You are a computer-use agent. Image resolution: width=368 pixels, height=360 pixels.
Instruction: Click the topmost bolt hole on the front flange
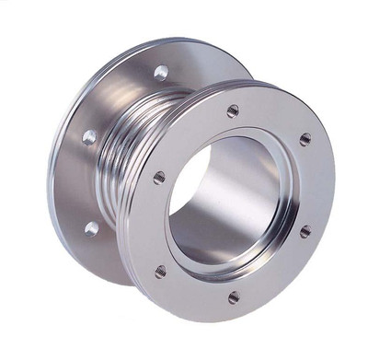tap(233, 110)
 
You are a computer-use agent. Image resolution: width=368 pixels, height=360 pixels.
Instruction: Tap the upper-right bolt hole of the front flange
tap(305, 139)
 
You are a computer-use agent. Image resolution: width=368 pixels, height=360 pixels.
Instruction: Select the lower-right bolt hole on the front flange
tap(305, 231)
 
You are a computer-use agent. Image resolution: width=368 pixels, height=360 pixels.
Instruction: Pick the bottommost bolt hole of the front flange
tap(234, 296)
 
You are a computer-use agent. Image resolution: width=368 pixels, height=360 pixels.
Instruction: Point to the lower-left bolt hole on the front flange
tap(161, 271)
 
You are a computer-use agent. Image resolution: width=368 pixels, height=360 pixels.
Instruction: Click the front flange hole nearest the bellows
tap(159, 177)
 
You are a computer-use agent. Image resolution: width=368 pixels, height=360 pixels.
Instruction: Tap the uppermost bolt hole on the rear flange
tap(161, 72)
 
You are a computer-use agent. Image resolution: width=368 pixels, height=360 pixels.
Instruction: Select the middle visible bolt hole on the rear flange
tap(89, 136)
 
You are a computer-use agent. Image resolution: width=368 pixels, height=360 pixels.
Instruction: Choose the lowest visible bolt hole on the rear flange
tap(91, 226)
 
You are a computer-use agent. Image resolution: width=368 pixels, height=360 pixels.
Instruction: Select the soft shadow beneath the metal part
tap(138, 304)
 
